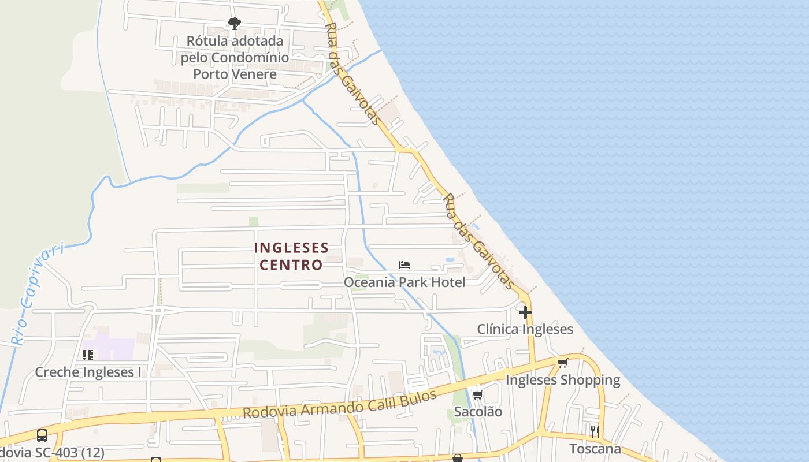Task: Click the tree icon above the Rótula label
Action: (234, 24)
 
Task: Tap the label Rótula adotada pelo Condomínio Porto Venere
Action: (235, 58)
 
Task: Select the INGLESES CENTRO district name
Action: (291, 256)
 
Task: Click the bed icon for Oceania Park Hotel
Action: (404, 265)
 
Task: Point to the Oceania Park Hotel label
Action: (404, 282)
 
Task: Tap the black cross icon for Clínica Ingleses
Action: (525, 312)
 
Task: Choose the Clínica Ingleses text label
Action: (525, 329)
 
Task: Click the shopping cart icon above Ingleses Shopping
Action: (562, 363)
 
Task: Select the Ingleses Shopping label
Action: (563, 380)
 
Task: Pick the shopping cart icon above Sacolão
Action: (478, 395)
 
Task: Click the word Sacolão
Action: (478, 412)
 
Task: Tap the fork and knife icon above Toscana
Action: (595, 431)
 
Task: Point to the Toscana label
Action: (595, 449)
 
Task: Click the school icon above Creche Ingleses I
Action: (88, 355)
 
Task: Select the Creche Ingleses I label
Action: (88, 372)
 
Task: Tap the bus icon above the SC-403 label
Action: (42, 435)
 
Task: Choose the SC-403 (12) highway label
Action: (52, 452)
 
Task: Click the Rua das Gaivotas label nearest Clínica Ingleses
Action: (478, 241)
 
